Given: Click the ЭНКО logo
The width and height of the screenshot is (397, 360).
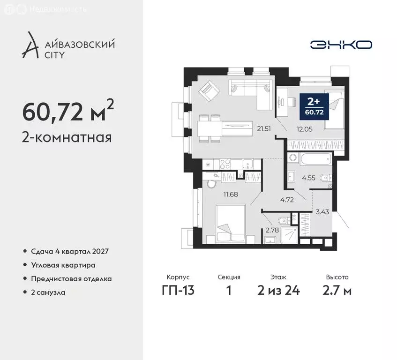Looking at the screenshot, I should pyautogui.click(x=341, y=45).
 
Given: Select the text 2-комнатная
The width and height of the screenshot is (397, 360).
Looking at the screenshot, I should pyautogui.click(x=66, y=137).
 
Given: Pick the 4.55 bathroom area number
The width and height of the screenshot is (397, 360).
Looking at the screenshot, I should pyautogui.click(x=308, y=178).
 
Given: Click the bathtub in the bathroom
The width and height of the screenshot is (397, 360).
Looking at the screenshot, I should pyautogui.click(x=309, y=159).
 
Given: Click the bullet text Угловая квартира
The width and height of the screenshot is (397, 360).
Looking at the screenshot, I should pyautogui.click(x=63, y=265).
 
